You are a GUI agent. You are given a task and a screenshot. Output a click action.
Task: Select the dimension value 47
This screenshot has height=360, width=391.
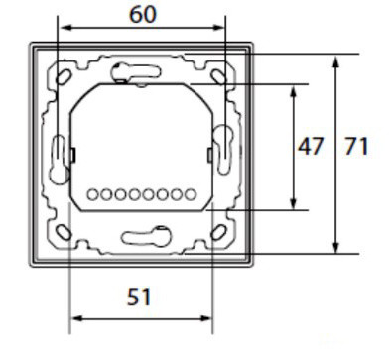point(313,147)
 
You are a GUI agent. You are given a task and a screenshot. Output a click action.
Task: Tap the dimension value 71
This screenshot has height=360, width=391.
point(356,147)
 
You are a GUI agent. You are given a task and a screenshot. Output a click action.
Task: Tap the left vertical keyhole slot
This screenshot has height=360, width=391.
point(58,152)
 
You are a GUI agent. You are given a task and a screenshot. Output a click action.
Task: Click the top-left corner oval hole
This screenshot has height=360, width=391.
point(65,74)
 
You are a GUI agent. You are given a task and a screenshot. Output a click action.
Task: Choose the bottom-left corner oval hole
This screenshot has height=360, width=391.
point(65,231)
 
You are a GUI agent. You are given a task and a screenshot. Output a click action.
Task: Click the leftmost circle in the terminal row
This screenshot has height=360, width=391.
point(92,193)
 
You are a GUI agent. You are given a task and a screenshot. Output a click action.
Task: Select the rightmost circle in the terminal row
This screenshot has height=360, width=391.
point(189,193)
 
